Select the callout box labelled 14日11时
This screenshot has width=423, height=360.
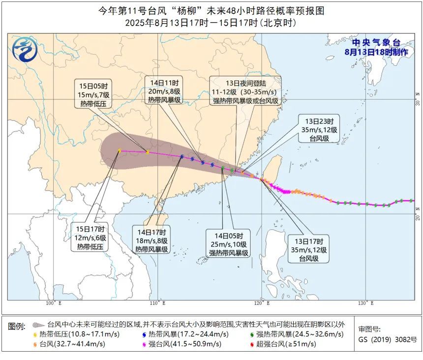pos(164,90)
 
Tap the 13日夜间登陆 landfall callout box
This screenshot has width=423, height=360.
pos(244,90)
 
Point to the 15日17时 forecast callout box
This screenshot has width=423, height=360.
pos(91,238)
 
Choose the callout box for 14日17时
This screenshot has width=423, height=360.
pos(152,240)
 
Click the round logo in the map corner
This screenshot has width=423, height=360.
pos(24,50)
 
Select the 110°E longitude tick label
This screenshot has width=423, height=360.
pos(155,303)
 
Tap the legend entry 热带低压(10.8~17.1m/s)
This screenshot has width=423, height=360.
pos(75,334)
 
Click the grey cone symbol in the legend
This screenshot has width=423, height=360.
pos(38,325)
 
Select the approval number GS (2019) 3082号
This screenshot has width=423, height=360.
pos(387,339)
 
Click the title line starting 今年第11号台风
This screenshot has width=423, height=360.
pos(211,11)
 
